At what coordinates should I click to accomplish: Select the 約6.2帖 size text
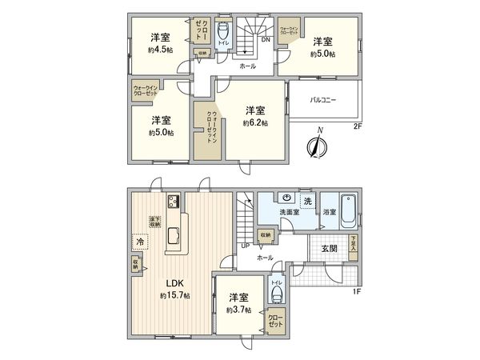[256, 123]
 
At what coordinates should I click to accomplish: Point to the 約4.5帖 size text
[161, 50]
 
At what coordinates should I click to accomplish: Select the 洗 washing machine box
[306, 199]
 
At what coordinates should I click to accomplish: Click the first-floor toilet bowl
[277, 294]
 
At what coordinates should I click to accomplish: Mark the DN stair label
[265, 39]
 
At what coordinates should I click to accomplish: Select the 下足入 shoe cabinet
[353, 242]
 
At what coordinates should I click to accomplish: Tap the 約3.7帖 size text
[238, 310]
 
